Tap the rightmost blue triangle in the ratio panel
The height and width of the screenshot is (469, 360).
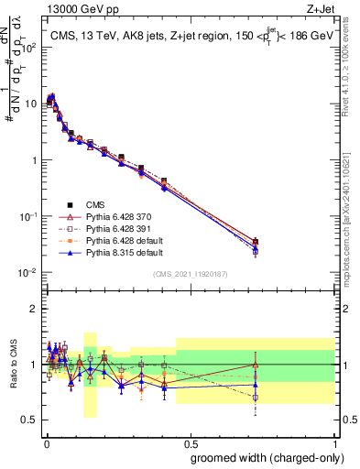pos(256,386)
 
